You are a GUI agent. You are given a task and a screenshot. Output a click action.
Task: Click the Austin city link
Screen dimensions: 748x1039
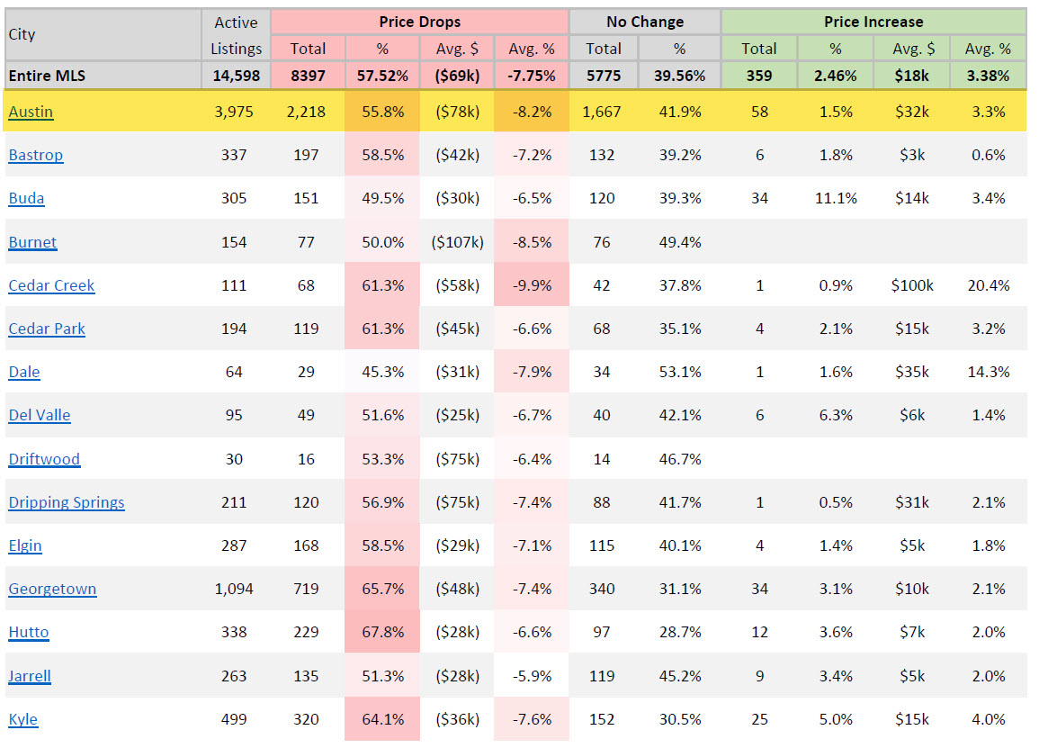point(31,112)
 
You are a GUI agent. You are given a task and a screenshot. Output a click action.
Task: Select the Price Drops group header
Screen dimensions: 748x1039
point(419,22)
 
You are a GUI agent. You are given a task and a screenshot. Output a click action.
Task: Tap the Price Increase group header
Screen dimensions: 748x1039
point(873,22)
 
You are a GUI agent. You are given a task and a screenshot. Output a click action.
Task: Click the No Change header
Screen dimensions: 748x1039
point(644,22)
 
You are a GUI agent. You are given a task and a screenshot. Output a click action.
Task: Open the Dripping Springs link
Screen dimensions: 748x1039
point(67,502)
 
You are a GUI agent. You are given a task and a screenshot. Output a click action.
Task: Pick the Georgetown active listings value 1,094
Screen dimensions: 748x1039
point(234,589)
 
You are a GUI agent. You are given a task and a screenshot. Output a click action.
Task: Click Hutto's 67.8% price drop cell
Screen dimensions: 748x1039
point(382,632)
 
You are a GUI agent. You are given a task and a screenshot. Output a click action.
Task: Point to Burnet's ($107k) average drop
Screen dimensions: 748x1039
point(456,242)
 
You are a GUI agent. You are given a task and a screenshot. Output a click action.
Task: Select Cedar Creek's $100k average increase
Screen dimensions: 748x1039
point(911,285)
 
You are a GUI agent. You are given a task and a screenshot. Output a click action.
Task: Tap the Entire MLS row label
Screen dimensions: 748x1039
point(47,76)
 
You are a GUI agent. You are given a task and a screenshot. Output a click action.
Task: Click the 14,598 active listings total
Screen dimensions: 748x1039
point(237,76)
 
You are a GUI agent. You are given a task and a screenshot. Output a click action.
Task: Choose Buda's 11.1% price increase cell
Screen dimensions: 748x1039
point(836,198)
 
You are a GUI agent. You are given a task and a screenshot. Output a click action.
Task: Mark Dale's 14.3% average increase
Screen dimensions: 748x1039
point(988,372)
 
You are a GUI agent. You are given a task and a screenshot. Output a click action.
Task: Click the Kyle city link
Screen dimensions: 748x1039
point(23,719)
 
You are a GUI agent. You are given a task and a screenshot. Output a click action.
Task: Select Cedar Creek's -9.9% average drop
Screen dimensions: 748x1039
point(531,285)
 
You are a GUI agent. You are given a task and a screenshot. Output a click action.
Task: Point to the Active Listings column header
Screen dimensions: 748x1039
point(237,35)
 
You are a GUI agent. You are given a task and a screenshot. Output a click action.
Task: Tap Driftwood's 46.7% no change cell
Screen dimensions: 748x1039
point(679,459)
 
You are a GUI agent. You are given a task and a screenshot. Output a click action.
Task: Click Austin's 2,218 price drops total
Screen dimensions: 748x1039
point(306,112)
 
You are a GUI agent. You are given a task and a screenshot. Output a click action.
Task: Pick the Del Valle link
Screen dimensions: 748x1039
point(40,415)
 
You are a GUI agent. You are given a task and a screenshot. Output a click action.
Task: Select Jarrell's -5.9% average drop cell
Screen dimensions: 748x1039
point(531,676)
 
